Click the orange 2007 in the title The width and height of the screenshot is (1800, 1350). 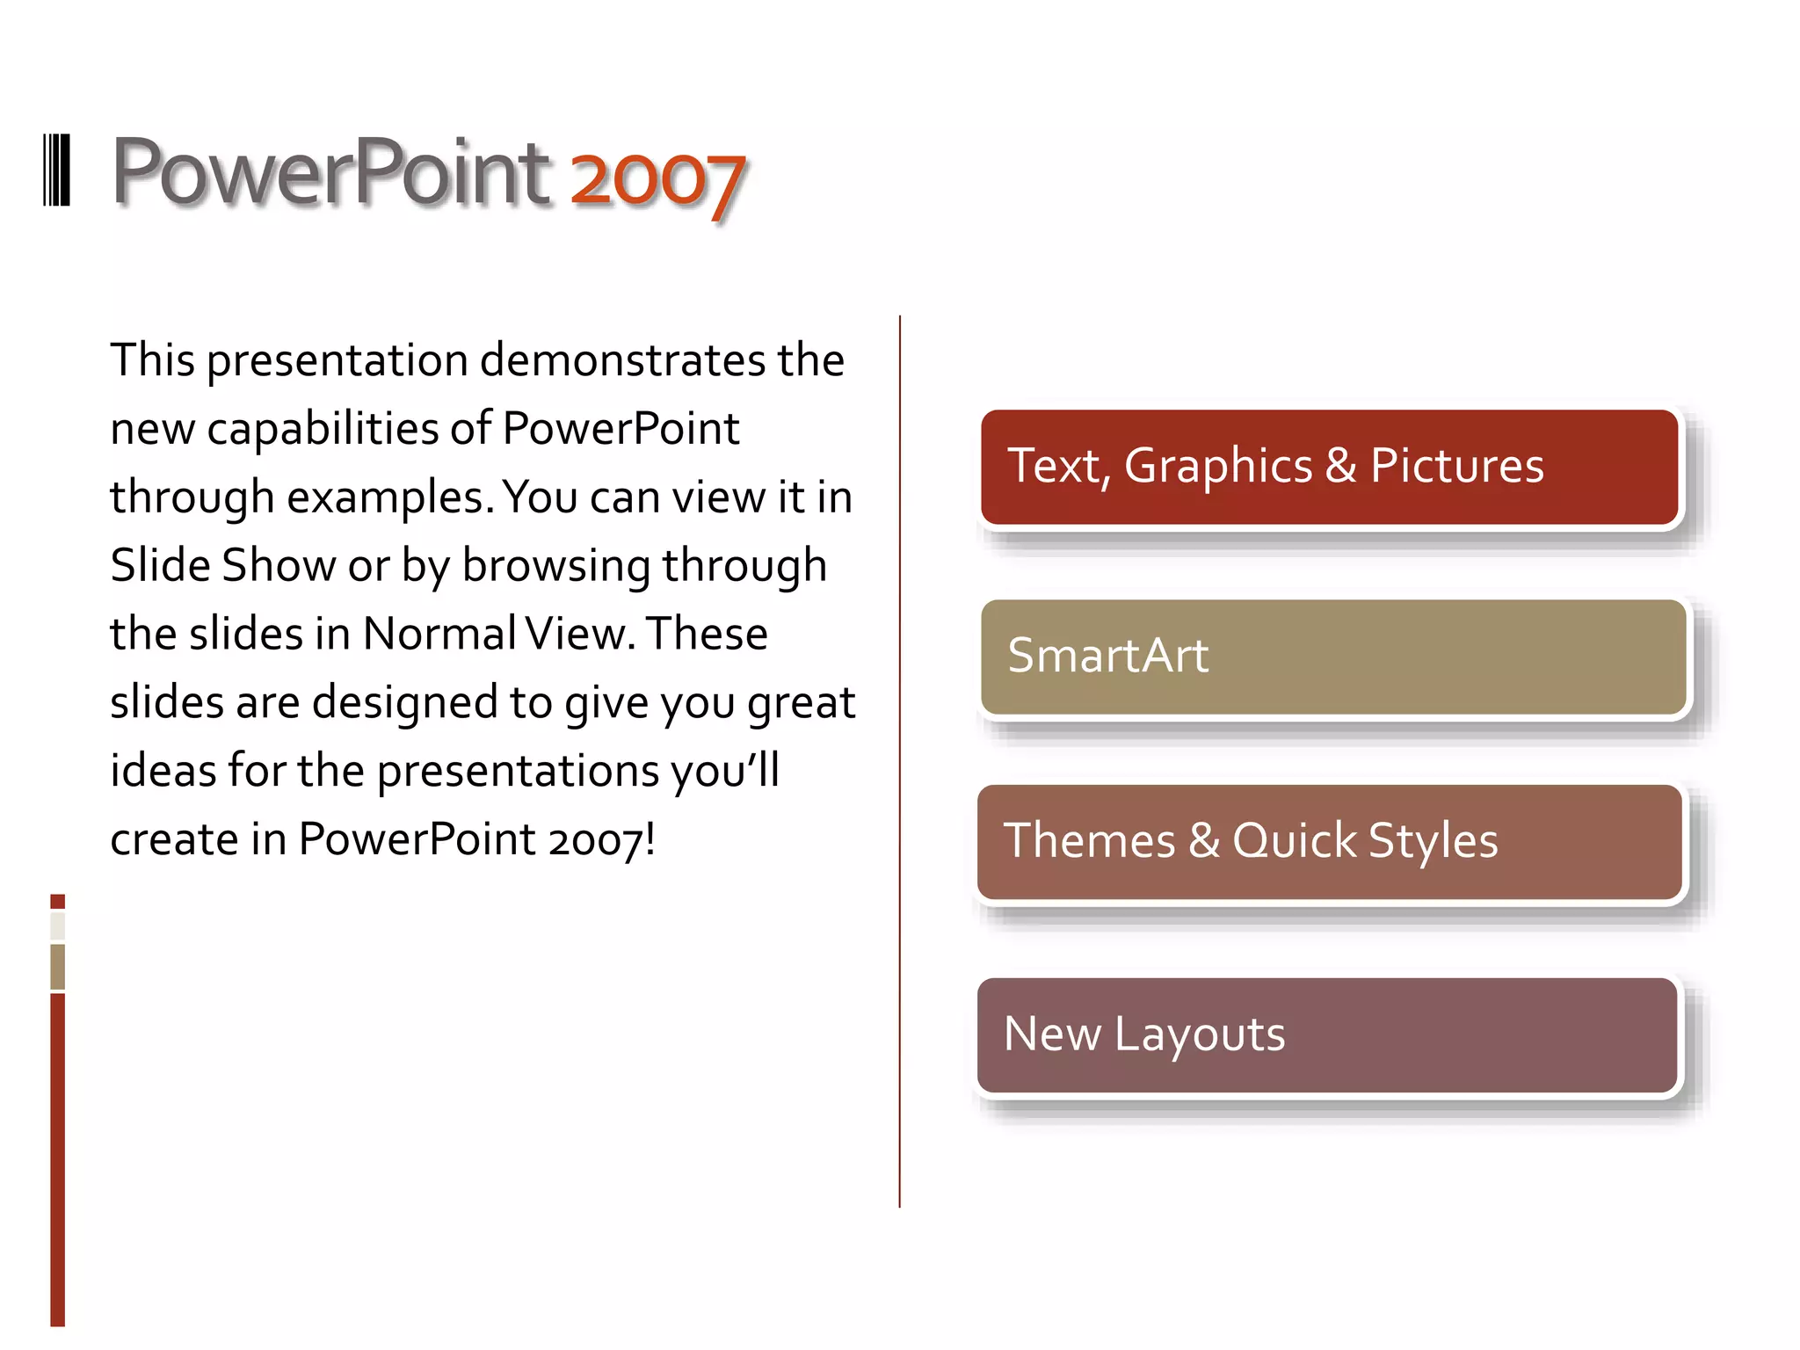pyautogui.click(x=657, y=179)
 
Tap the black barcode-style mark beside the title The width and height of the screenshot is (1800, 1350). pyautogui.click(x=56, y=171)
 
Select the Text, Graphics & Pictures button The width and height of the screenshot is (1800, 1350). pyautogui.click(x=1329, y=467)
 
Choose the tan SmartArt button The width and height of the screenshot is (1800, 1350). pyautogui.click(x=1332, y=657)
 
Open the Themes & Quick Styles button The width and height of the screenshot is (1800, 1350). pyautogui.click(x=1329, y=842)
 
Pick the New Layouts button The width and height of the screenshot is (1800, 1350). pyautogui.click(x=1327, y=1035)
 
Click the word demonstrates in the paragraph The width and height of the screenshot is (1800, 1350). pyautogui.click(x=623, y=360)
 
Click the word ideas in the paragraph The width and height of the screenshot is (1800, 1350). pyautogui.click(x=163, y=771)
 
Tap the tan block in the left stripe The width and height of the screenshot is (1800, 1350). pyautogui.click(x=57, y=966)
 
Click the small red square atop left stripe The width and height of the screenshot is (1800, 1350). pyautogui.click(x=57, y=902)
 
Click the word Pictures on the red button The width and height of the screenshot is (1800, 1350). pyautogui.click(x=1456, y=466)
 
